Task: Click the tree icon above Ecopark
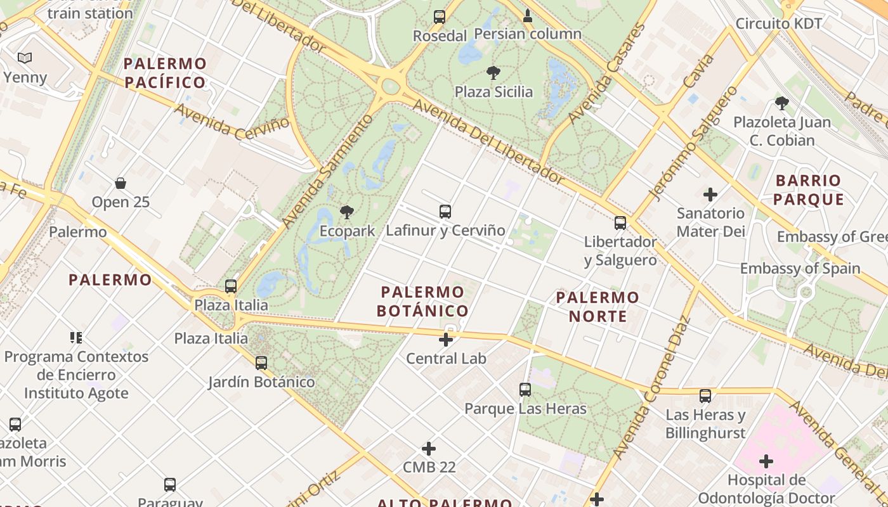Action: tap(346, 212)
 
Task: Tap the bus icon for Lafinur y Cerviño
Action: tap(445, 212)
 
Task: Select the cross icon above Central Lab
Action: tap(446, 340)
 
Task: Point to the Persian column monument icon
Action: tap(527, 15)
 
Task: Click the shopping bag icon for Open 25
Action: tap(121, 184)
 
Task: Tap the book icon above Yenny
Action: tap(25, 58)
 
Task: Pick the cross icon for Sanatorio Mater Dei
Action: tap(710, 195)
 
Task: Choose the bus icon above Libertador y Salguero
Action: tap(620, 223)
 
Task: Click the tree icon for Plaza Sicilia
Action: tap(493, 74)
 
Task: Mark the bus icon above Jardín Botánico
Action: tap(261, 363)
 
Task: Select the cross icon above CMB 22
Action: tap(429, 449)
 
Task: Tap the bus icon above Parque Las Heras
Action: tap(525, 390)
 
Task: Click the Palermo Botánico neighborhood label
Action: tap(422, 302)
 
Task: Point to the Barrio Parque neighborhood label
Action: tap(808, 190)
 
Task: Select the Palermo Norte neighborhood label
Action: tap(597, 307)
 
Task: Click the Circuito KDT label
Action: tap(779, 24)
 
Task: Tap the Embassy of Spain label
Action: tap(800, 269)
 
